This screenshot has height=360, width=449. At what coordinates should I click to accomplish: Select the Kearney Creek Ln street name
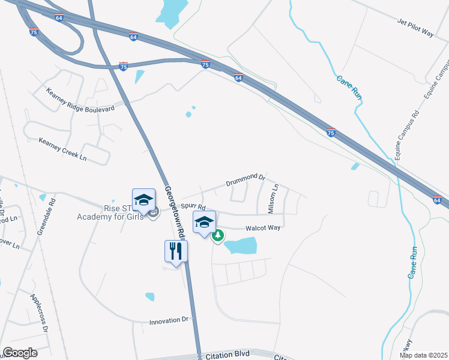[63, 149]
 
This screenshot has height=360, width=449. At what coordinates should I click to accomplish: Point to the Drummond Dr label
[246, 179]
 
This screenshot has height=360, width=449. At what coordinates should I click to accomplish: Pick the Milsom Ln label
[273, 199]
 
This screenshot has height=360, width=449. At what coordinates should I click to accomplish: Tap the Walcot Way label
[262, 227]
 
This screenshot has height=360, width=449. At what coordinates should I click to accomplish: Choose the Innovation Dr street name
[169, 321]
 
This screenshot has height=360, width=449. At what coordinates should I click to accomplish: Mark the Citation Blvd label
[226, 355]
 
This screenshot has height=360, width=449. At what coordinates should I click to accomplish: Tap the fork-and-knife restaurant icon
[176, 250]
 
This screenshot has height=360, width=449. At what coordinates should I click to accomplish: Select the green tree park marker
[218, 235]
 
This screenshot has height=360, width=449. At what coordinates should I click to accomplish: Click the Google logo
[20, 353]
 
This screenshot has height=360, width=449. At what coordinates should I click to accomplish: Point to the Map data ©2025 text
[423, 355]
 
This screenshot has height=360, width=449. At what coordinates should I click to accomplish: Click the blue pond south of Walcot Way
[241, 245]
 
